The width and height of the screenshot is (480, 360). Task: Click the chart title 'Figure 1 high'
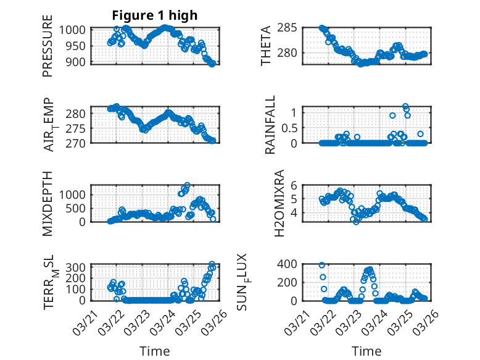pyautogui.click(x=155, y=15)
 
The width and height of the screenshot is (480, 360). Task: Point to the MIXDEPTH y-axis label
pyautogui.click(x=48, y=203)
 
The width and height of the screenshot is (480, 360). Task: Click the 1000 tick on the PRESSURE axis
pyautogui.click(x=77, y=30)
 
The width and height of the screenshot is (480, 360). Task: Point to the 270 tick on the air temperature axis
pyautogui.click(x=80, y=143)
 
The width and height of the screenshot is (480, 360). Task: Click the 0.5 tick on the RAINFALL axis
pyautogui.click(x=292, y=128)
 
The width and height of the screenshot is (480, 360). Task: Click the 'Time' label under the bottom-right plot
pyautogui.click(x=366, y=351)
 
